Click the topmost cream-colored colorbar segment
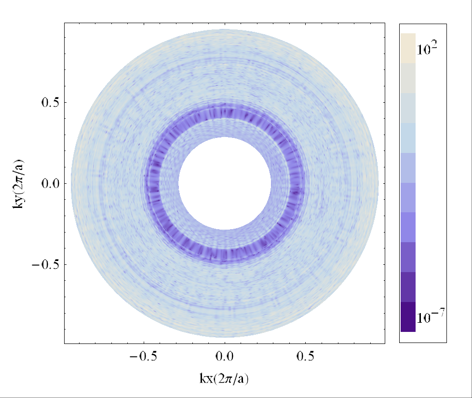[x=408, y=48]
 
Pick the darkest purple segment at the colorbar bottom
[x=408, y=317]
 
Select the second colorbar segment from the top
[x=408, y=78]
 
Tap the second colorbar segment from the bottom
[x=408, y=287]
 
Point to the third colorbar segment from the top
[x=408, y=108]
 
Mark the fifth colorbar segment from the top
[x=408, y=167]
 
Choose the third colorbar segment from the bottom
[x=408, y=257]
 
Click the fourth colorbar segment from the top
[x=408, y=137]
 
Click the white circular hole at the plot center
[x=225, y=183]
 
